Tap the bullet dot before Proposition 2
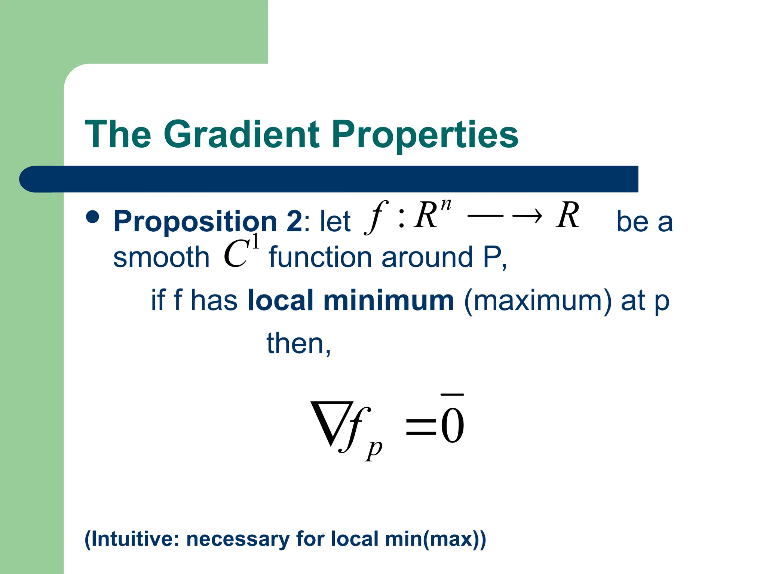click(x=92, y=217)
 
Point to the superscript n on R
click(x=445, y=205)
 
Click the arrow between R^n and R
click(x=505, y=216)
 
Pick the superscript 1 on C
click(x=255, y=241)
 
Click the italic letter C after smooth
click(x=236, y=254)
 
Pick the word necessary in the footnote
click(x=238, y=539)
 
